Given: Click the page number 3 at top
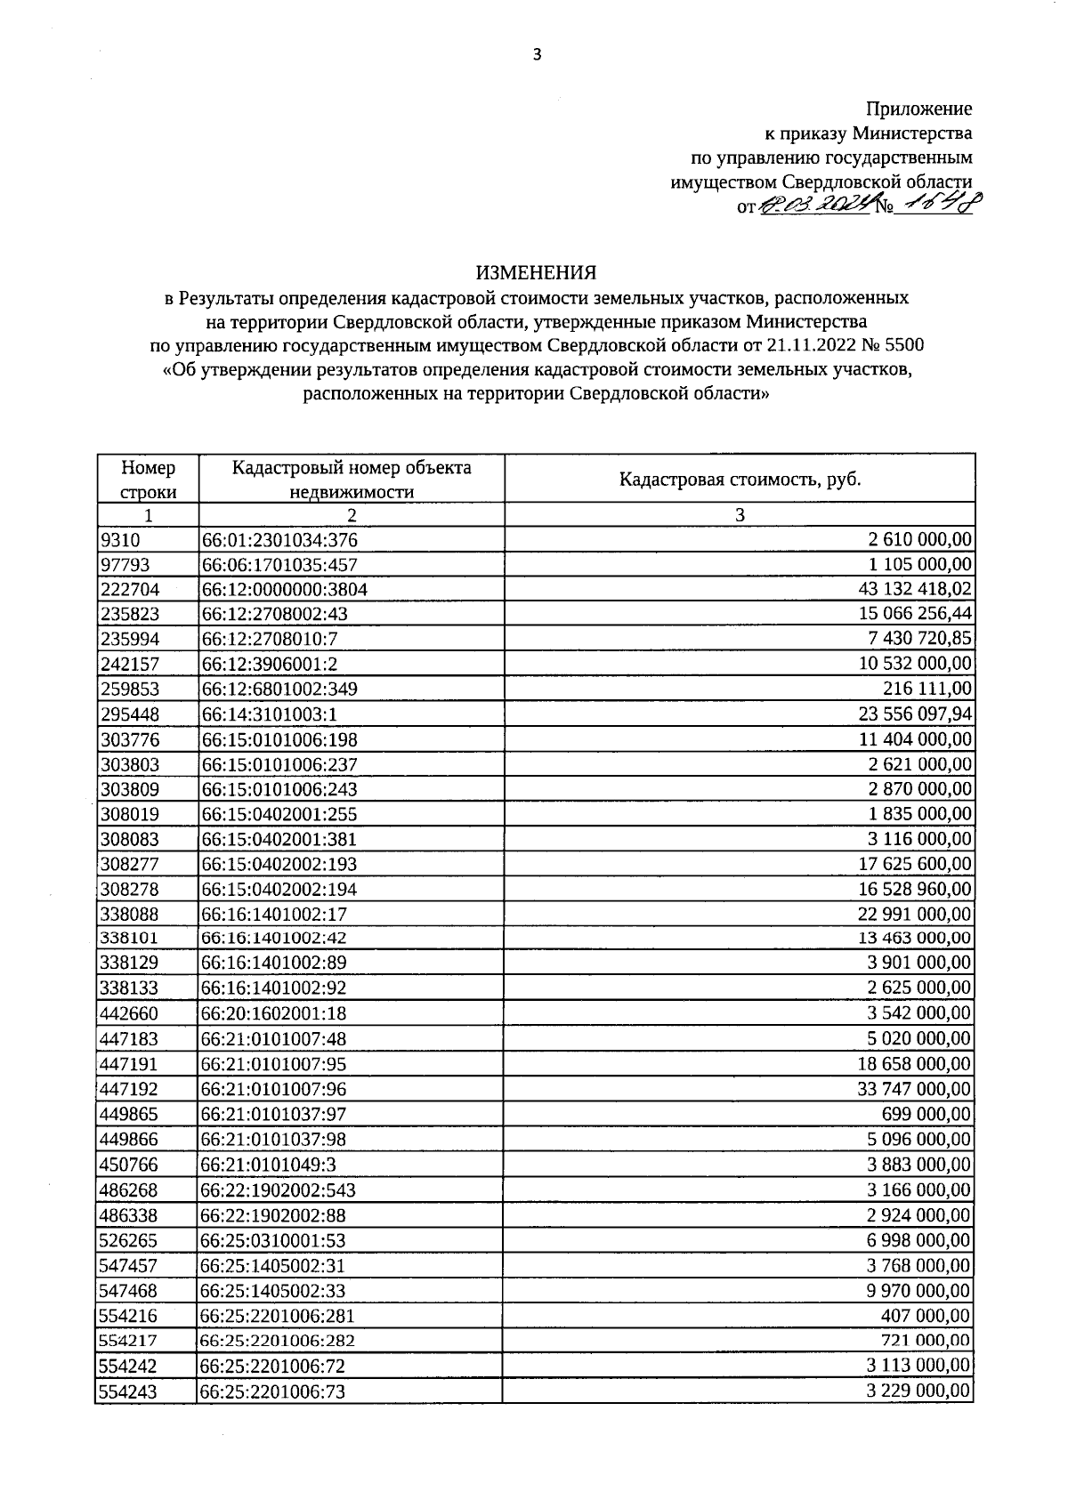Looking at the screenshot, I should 536,55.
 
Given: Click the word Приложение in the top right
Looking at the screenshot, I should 918,109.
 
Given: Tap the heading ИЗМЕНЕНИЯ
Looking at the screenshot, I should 535,271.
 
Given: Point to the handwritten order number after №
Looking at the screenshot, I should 935,206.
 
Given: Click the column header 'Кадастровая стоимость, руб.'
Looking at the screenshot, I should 740,480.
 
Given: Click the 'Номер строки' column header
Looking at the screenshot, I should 148,480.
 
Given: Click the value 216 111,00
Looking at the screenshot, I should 934,689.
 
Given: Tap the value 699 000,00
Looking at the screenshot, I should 929,1114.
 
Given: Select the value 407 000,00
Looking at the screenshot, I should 929,1315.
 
